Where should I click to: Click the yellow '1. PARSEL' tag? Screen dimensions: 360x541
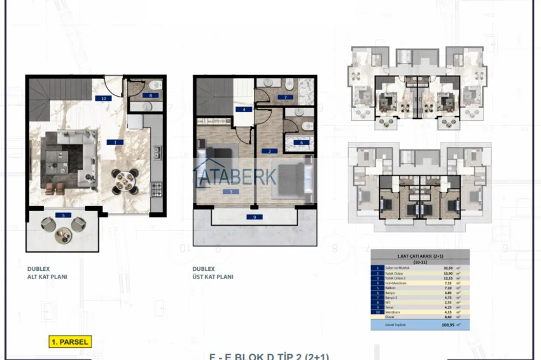click(70, 342)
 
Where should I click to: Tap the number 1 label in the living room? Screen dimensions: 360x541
click(115, 142)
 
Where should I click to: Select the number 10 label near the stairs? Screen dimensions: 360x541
click(102, 99)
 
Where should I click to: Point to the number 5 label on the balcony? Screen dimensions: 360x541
click(64, 215)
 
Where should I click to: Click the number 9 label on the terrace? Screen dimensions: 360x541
click(255, 217)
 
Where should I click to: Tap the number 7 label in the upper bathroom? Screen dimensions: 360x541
click(285, 97)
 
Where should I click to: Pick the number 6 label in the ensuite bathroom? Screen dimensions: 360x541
click(301, 142)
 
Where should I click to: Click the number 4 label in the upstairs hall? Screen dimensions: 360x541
click(242, 109)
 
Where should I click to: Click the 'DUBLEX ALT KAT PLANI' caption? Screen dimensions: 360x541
click(47, 273)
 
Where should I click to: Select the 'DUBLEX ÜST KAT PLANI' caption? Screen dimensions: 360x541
click(213, 273)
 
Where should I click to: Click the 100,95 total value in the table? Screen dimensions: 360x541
click(449, 324)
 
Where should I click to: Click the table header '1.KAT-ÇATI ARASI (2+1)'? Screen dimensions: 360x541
click(419, 256)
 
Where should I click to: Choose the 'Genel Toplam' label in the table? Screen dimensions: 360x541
click(395, 324)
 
